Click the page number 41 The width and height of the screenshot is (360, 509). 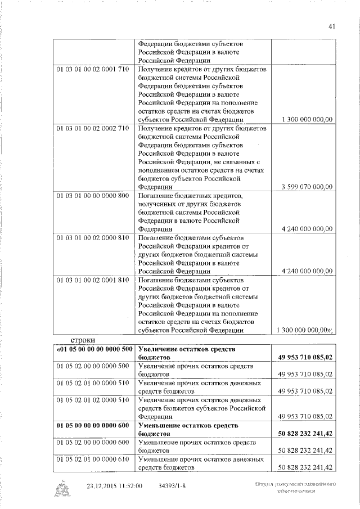pyautogui.click(x=332, y=26)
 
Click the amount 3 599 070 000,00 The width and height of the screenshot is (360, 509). pyautogui.click(x=305, y=187)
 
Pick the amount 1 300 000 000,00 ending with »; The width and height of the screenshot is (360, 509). pyautogui.click(x=307, y=330)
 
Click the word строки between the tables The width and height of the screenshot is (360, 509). pyautogui.click(x=83, y=340)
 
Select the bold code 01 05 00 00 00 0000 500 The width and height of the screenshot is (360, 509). pyautogui.click(x=94, y=349)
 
